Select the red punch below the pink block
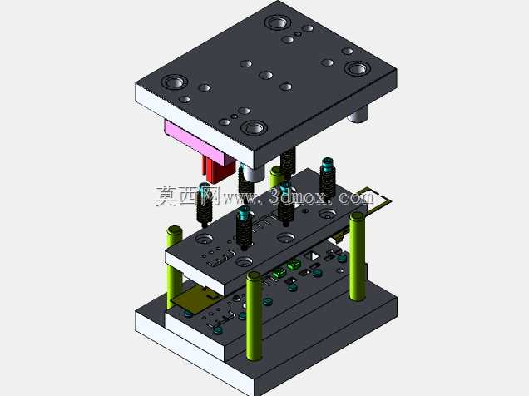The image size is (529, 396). pos(216,171)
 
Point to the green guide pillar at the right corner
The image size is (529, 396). pos(357,256)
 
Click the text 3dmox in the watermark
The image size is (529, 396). pos(298,196)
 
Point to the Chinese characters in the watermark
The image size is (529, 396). pos(188,196)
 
